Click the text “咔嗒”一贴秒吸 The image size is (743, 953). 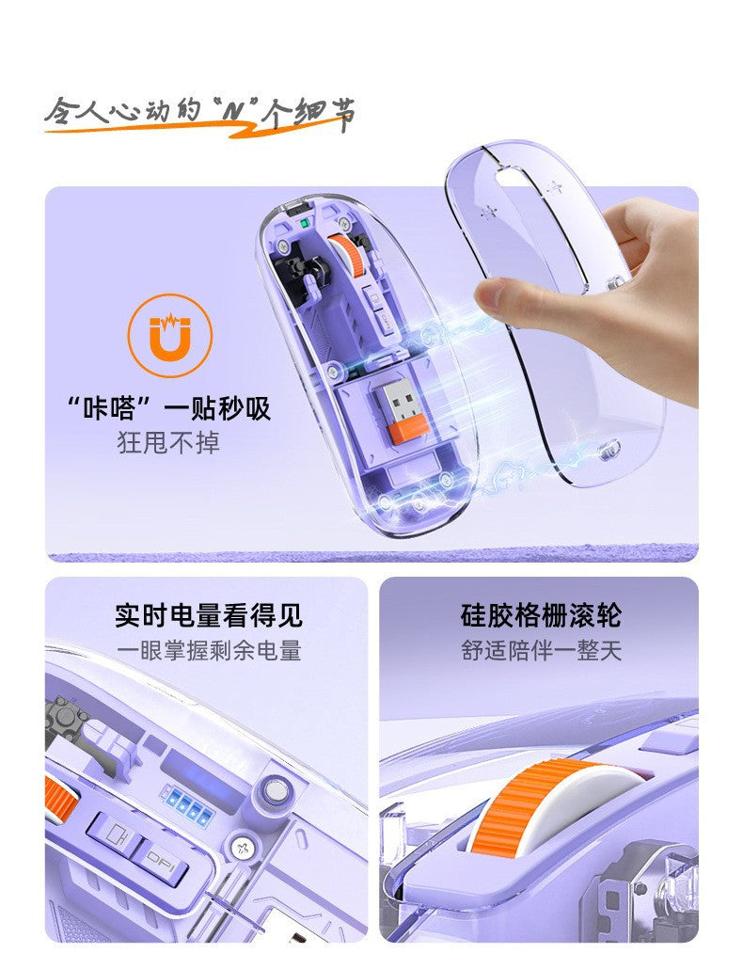pos(169,408)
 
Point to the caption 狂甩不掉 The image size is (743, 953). pos(169,442)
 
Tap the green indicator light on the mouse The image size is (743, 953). pos(305,224)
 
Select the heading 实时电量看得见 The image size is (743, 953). pos(209,616)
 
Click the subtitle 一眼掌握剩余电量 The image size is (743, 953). pos(209,650)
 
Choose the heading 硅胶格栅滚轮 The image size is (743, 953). pos(542,616)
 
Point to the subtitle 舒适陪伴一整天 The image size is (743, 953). pos(542,650)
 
